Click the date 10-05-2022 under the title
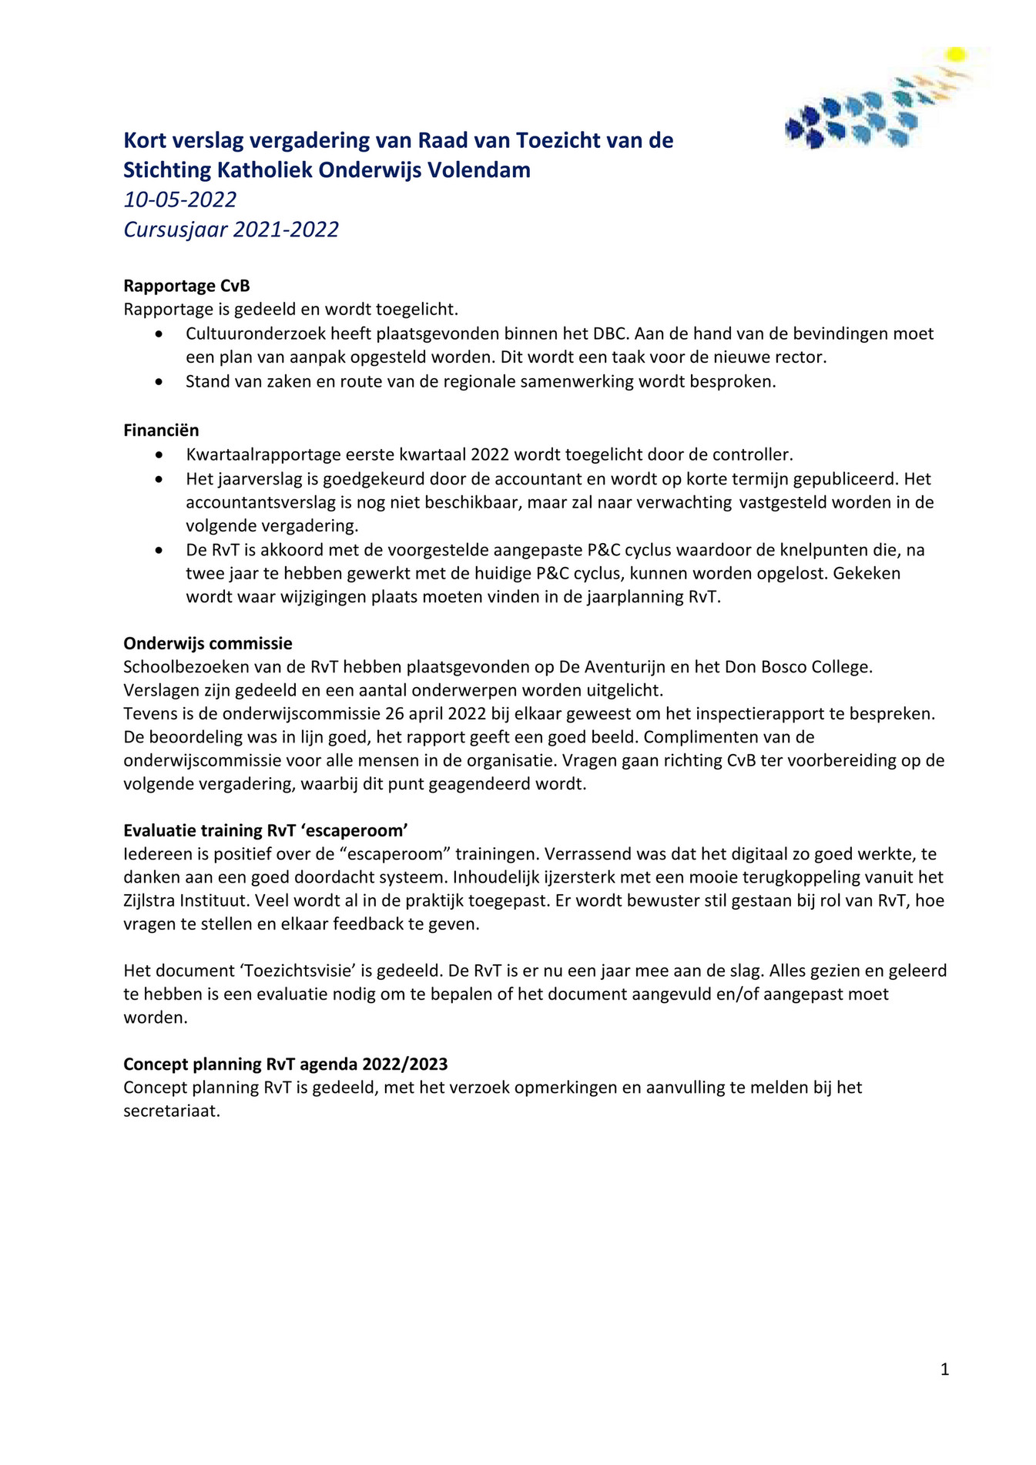(x=179, y=199)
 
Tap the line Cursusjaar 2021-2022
(x=230, y=230)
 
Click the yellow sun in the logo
(x=956, y=54)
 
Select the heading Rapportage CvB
(x=186, y=286)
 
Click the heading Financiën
(x=161, y=430)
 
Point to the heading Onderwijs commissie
(x=207, y=643)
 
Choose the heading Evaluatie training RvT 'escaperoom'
(x=265, y=830)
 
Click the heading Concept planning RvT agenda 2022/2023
(x=285, y=1064)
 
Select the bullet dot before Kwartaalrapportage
(x=159, y=455)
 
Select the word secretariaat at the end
(x=171, y=1111)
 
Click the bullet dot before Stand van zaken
(x=159, y=381)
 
